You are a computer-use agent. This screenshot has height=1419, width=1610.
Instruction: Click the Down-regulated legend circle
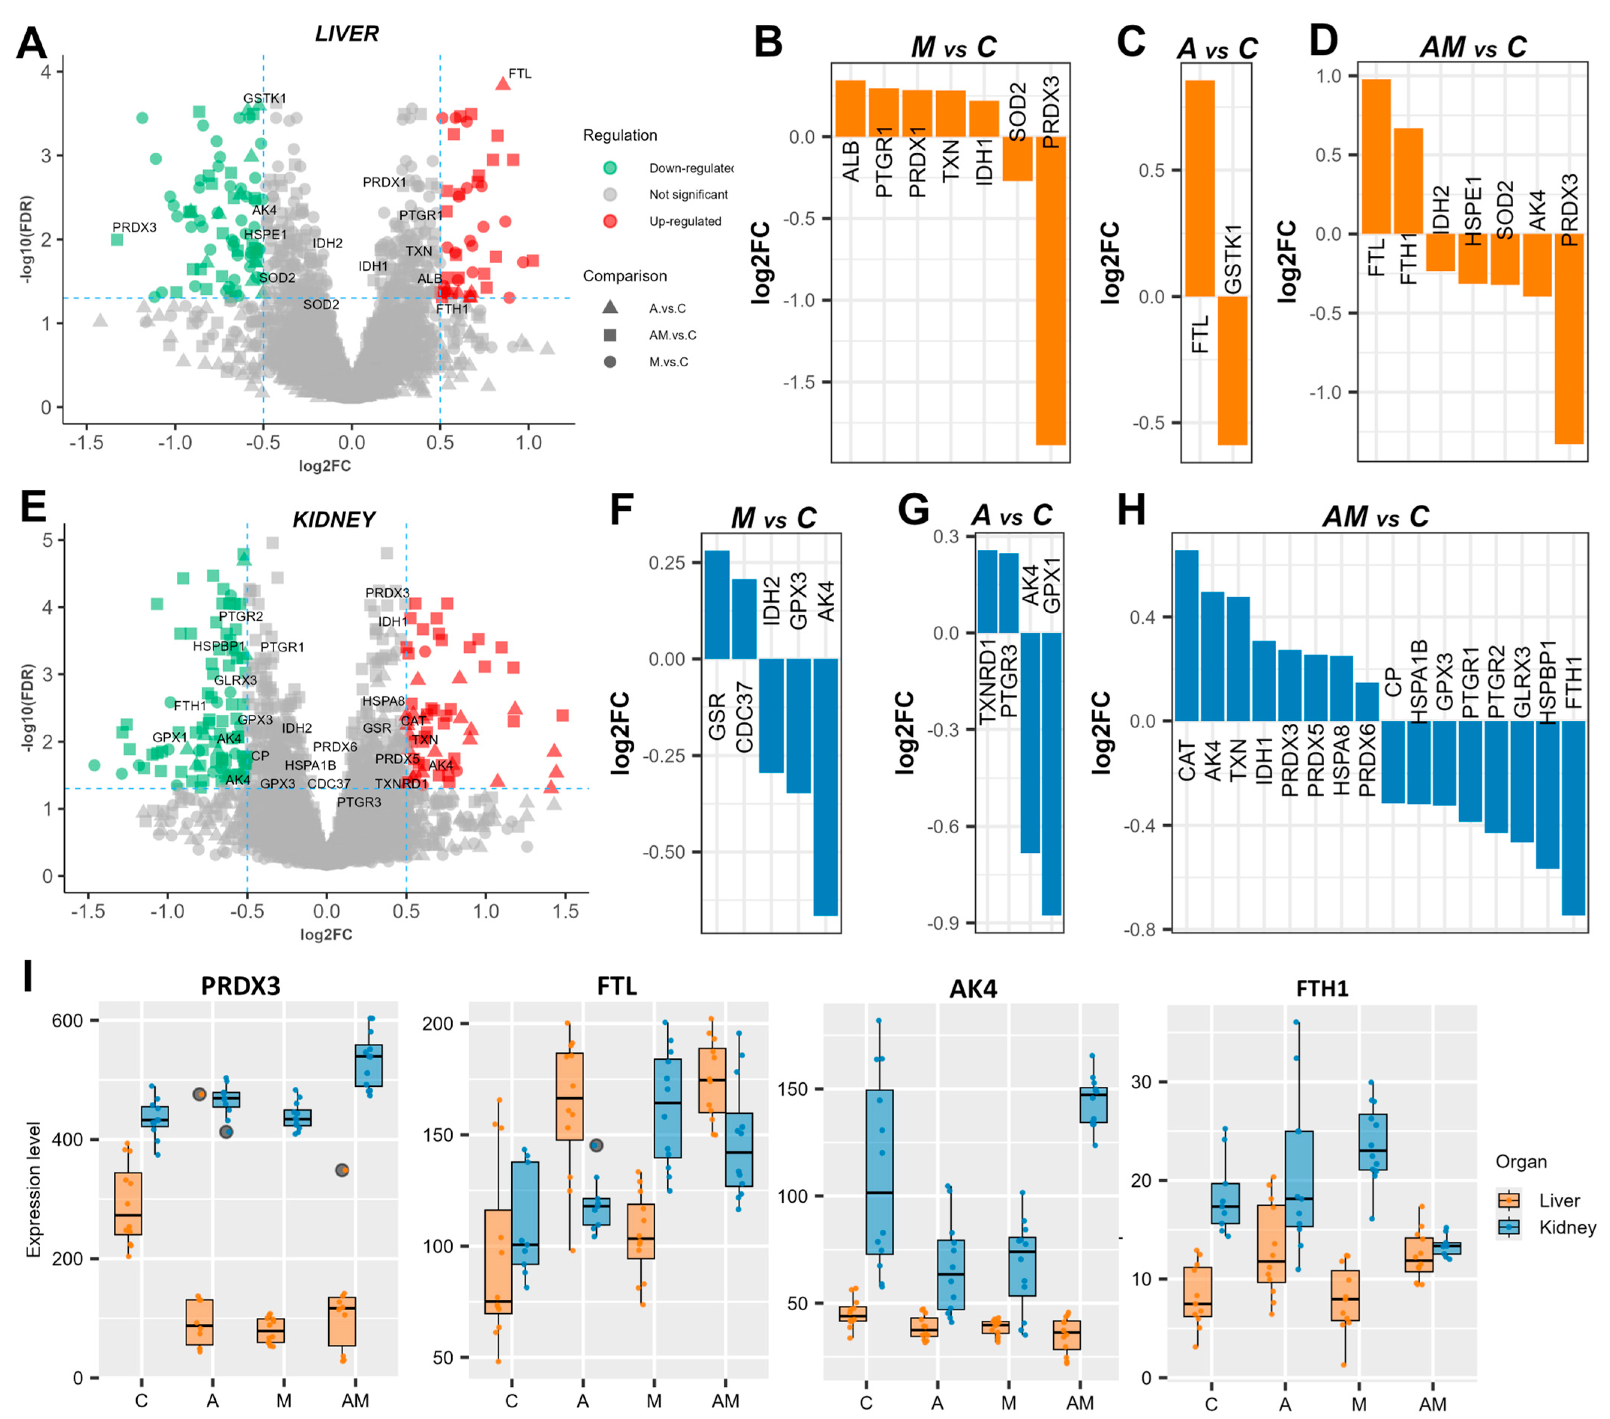coord(610,168)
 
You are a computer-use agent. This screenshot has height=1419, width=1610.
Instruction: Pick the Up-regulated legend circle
coord(610,221)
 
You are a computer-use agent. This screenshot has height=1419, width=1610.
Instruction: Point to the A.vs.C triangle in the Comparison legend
coord(610,308)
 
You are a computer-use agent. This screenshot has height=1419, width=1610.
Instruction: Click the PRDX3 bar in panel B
coord(1051,291)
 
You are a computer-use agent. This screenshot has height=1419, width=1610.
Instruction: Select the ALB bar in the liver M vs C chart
coord(851,109)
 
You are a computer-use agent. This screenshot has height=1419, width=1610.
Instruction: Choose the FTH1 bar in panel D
coord(1408,181)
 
